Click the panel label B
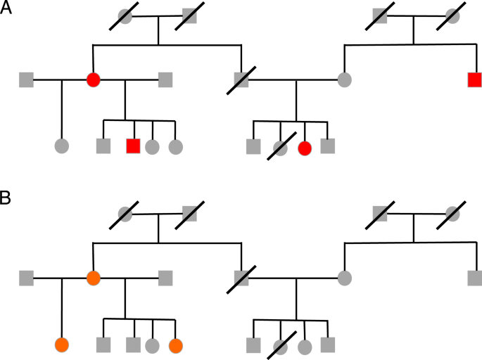[7, 199]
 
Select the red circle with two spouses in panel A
[93, 79]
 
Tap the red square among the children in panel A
[133, 146]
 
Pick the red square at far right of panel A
[475, 79]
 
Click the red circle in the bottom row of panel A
[305, 148]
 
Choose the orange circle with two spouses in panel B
[93, 278]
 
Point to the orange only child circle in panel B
[62, 345]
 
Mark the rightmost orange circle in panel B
[175, 345]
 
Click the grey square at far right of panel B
[475, 278]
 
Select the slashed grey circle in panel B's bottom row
[281, 346]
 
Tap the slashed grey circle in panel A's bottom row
[281, 148]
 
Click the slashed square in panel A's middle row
[241, 79]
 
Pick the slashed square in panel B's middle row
[241, 278]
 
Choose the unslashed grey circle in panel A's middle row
[344, 79]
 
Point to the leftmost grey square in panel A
[27, 79]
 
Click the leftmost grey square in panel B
[27, 278]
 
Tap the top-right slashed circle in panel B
[452, 212]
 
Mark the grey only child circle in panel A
[62, 146]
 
